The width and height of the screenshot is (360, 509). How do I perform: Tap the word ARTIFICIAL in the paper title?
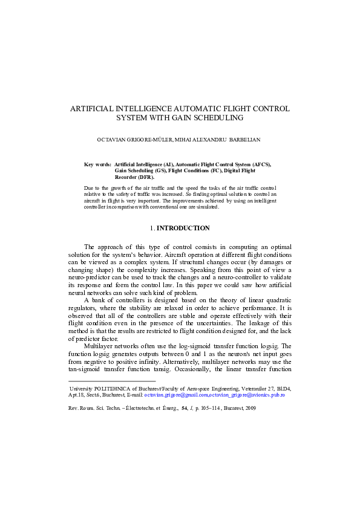click(x=94, y=108)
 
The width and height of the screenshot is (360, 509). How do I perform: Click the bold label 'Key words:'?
click(x=97, y=164)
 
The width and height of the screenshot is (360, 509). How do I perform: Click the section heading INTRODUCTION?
click(x=183, y=228)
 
